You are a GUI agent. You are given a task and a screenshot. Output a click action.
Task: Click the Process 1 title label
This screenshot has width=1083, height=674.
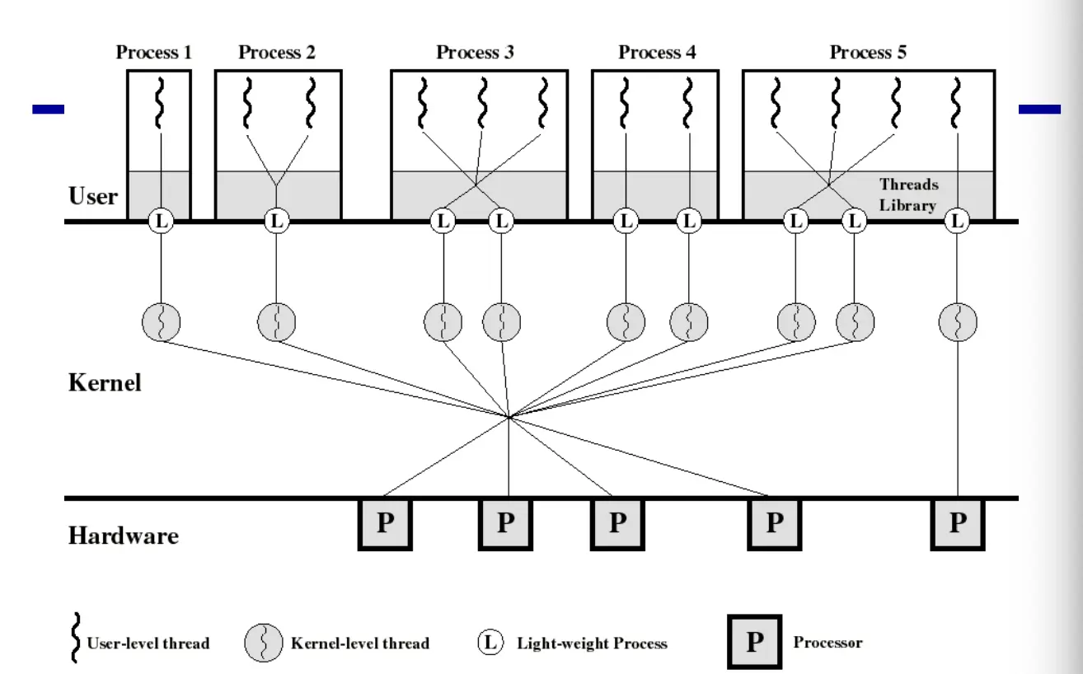(x=154, y=53)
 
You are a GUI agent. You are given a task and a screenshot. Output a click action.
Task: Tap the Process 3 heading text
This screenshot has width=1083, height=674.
(x=476, y=53)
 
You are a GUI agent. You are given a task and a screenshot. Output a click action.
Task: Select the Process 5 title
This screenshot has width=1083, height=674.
(x=868, y=53)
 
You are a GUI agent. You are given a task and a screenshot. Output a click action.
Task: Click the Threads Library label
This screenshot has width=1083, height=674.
(x=908, y=194)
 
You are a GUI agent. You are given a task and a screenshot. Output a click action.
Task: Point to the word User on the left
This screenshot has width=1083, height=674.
(x=93, y=197)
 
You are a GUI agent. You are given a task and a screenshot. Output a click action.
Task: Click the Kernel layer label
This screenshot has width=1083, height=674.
(x=105, y=382)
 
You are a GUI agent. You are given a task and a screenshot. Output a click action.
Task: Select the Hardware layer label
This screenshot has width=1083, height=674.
(x=123, y=536)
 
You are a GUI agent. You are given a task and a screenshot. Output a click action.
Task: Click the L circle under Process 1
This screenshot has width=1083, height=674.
(x=161, y=221)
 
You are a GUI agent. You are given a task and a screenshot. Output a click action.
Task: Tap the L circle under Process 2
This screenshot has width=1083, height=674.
(x=276, y=221)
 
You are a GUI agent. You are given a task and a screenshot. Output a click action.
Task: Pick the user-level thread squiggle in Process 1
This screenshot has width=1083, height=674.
(x=160, y=103)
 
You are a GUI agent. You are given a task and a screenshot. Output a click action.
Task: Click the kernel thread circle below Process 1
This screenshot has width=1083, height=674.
(x=161, y=321)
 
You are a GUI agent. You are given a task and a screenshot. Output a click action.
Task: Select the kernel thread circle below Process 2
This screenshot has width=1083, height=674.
(x=276, y=321)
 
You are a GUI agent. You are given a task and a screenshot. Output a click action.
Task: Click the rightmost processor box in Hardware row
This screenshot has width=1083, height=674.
(x=957, y=523)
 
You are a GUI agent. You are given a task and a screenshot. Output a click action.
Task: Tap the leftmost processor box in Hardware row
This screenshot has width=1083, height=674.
(x=385, y=523)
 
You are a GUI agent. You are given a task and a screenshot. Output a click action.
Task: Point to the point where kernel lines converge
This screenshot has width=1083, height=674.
(x=509, y=417)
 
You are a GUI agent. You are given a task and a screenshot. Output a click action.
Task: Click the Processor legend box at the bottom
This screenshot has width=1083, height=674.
(x=754, y=642)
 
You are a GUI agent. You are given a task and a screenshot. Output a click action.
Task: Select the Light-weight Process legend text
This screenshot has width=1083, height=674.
(x=592, y=643)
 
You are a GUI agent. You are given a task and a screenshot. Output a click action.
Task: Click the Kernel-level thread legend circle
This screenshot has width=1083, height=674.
(x=264, y=643)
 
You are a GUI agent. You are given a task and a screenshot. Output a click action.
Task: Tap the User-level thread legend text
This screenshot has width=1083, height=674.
(x=148, y=643)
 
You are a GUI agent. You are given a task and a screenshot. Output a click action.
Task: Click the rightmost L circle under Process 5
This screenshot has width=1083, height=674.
(x=957, y=221)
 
